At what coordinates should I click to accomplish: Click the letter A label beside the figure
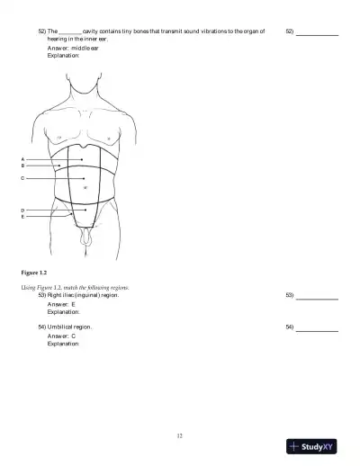(22, 159)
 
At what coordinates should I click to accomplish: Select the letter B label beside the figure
(22, 166)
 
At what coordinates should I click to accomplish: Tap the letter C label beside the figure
(22, 178)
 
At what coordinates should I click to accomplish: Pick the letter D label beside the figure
(22, 210)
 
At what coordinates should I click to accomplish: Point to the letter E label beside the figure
(22, 217)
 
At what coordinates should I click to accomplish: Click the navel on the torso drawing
(85, 189)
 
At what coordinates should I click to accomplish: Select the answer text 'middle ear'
(85, 48)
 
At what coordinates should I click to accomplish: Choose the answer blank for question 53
(317, 295)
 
